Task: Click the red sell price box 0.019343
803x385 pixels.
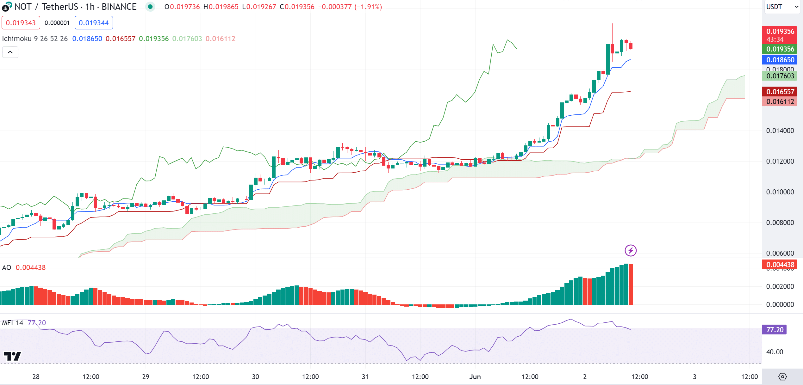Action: (x=21, y=23)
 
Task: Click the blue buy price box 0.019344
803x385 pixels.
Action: (x=94, y=23)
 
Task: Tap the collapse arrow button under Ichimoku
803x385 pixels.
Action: (x=10, y=52)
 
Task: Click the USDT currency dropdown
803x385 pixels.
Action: (x=781, y=7)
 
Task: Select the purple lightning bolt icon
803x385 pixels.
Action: (x=631, y=251)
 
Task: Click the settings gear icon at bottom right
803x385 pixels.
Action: (x=782, y=376)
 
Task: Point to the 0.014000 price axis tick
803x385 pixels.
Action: (x=780, y=131)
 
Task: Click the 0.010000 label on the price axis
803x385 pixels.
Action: (x=780, y=192)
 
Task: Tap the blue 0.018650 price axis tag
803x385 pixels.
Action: (x=780, y=60)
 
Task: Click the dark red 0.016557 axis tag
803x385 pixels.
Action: (x=780, y=92)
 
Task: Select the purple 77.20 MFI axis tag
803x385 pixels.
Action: (x=775, y=330)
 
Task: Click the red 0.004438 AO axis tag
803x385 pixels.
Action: (x=780, y=265)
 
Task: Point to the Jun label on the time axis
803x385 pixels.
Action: (x=475, y=376)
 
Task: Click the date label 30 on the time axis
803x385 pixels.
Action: (x=255, y=376)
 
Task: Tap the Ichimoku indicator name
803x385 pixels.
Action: (x=17, y=39)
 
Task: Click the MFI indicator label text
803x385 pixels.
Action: (x=8, y=323)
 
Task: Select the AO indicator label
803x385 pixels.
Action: (x=7, y=267)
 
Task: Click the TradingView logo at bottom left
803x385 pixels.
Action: (x=12, y=356)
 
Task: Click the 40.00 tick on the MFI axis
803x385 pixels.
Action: (x=775, y=352)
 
